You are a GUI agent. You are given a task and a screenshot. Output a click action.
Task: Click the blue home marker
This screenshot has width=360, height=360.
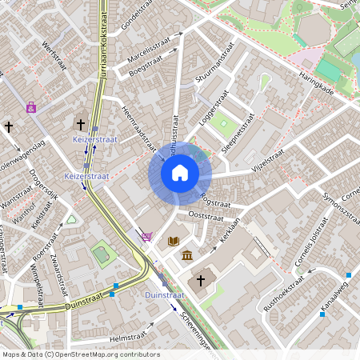(180, 172)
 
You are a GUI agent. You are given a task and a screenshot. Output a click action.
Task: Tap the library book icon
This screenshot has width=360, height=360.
(173, 240)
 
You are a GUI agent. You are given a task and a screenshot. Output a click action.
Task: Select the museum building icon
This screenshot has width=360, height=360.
(187, 255)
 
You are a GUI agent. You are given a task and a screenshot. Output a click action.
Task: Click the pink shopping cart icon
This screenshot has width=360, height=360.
(146, 236)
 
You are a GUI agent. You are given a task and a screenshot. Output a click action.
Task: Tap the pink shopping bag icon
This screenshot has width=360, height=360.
(31, 106)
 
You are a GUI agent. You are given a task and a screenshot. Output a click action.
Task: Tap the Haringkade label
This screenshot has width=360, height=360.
(318, 81)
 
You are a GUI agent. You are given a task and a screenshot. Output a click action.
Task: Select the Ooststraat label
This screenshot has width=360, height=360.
(205, 216)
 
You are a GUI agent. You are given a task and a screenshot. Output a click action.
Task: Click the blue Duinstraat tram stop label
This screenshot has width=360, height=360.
(166, 295)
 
